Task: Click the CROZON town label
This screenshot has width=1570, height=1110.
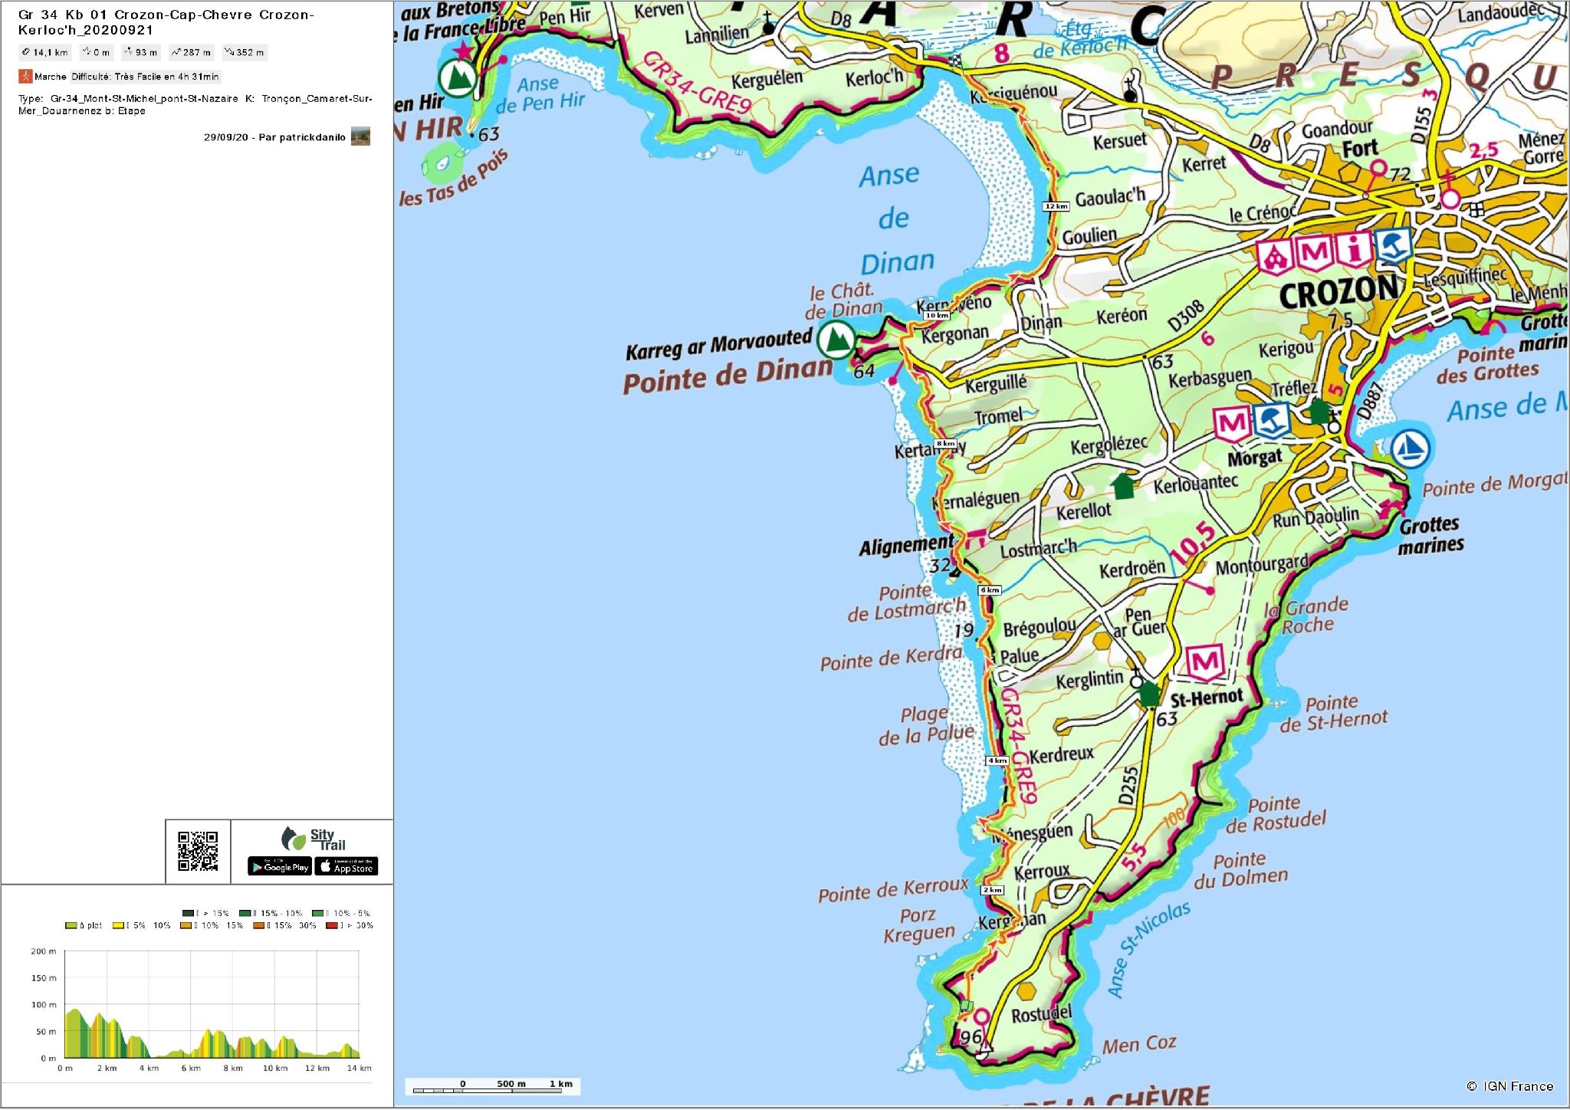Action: [1338, 291]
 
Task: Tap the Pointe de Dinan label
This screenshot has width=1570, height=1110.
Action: [727, 376]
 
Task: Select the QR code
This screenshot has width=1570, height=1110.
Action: [198, 851]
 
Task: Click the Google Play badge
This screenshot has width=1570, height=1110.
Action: [280, 867]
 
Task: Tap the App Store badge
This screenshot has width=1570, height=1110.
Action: [347, 867]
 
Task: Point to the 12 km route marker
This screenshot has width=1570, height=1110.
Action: [1056, 207]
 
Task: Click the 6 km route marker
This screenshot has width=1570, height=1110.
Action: [990, 590]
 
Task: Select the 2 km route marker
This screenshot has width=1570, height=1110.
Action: [992, 890]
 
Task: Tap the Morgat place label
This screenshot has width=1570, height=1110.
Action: [1255, 458]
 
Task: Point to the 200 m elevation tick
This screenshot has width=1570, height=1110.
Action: [44, 951]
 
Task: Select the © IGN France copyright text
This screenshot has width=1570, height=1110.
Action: [1509, 1086]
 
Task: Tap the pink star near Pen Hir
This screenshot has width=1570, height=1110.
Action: [463, 52]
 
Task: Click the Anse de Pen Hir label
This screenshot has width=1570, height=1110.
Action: [540, 94]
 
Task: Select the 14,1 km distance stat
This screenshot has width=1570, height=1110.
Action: [45, 53]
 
